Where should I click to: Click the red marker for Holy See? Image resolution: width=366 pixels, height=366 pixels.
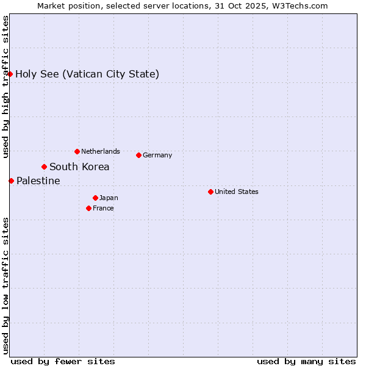[10, 74]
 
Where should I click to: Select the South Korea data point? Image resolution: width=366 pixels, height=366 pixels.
[44, 167]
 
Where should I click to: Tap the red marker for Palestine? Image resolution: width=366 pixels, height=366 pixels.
[11, 181]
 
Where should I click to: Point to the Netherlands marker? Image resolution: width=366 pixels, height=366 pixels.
[77, 151]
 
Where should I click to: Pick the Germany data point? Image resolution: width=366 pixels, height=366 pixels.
[138, 155]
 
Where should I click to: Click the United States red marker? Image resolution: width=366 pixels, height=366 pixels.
[210, 192]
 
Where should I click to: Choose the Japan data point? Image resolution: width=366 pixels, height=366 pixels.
[95, 198]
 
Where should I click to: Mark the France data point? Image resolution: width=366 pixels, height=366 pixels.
[88, 208]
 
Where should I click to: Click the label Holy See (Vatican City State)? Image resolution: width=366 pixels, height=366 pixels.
[87, 74]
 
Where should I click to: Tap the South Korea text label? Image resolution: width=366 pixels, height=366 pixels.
[79, 167]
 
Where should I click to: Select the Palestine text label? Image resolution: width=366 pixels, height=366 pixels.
[38, 181]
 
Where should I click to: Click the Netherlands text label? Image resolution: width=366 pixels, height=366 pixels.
[101, 151]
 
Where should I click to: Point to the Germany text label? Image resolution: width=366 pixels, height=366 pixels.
[157, 155]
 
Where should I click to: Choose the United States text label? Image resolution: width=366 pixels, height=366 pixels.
[237, 192]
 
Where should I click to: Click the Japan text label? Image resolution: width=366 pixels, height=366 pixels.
[109, 198]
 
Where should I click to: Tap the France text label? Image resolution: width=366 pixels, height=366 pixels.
[103, 208]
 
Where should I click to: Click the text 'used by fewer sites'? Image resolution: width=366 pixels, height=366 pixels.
[63, 361]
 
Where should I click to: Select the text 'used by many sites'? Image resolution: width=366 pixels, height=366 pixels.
[306, 361]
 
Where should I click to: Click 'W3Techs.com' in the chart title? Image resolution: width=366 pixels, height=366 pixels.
[300, 6]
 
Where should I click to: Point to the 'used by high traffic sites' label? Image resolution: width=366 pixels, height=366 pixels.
[5, 87]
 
